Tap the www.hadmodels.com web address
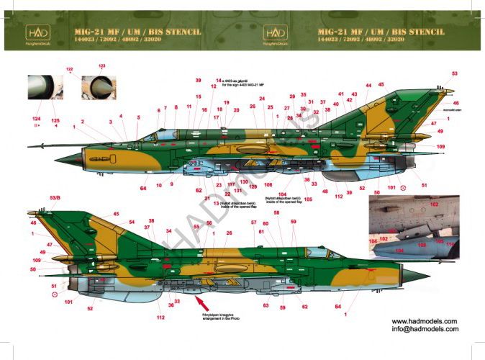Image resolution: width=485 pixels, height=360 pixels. click(425, 321)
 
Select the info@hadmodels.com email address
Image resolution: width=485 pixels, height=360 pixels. click(425, 330)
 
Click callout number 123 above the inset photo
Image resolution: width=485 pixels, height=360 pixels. click(101, 66)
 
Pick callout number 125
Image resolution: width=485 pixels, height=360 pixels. click(55, 117)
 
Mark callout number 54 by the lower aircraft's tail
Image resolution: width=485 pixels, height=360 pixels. click(132, 222)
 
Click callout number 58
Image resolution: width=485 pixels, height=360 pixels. click(277, 214)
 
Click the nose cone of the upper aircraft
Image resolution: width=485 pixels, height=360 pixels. click(65, 156)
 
